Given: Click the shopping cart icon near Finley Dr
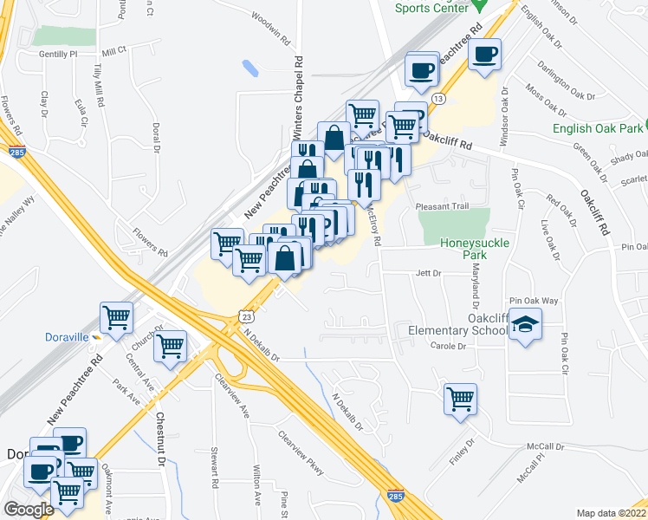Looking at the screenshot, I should (460, 399).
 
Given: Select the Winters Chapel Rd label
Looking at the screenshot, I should (298, 94).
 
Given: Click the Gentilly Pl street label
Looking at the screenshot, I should (58, 54).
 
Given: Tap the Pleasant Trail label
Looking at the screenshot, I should (441, 206).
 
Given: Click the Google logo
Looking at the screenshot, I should (28, 510).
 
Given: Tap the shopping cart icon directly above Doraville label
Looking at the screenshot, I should (117, 316).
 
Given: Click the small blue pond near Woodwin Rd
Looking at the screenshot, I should (250, 67).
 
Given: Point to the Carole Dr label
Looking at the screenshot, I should (448, 346).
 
